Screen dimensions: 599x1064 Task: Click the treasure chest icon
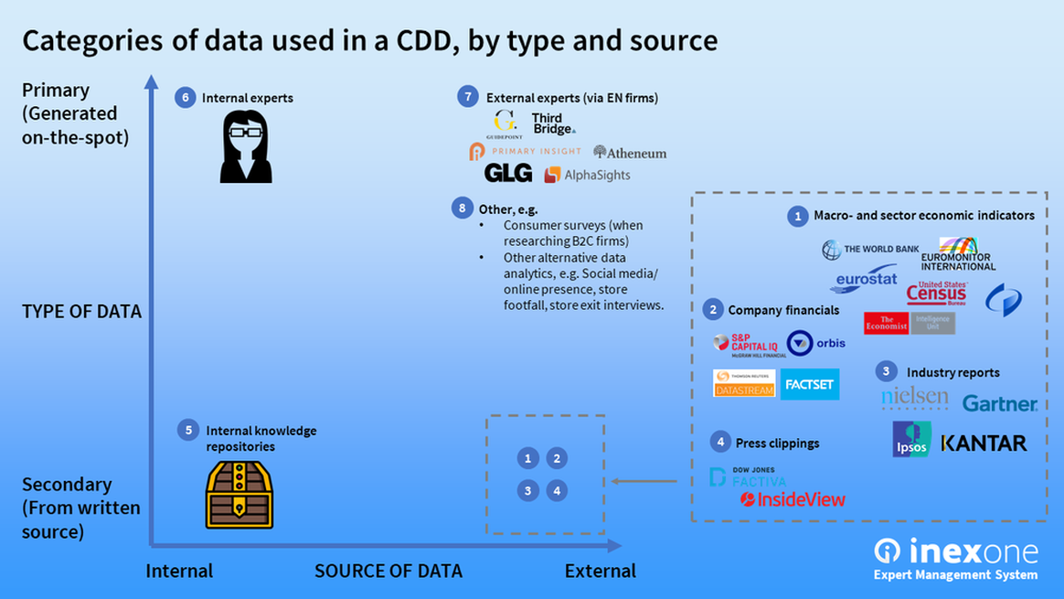239,494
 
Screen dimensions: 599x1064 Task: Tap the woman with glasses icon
246,146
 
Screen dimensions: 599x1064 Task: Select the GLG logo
508,174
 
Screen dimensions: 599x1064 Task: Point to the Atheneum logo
630,153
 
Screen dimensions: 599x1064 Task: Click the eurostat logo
866,279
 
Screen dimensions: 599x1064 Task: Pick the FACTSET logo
810,385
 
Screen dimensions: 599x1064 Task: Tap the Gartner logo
999,403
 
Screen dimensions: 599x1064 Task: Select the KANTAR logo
984,444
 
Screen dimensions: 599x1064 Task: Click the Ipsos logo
911,439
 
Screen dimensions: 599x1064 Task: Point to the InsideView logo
793,499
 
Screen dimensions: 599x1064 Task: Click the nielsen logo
914,399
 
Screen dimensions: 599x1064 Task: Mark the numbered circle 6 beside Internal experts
186,97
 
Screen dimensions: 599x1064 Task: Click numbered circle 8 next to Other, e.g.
463,209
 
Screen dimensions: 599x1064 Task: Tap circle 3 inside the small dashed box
527,491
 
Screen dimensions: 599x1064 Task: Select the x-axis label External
600,571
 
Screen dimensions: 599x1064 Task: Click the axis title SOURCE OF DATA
388,571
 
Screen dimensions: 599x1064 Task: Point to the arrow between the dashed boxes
644,481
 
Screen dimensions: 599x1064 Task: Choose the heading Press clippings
777,443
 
